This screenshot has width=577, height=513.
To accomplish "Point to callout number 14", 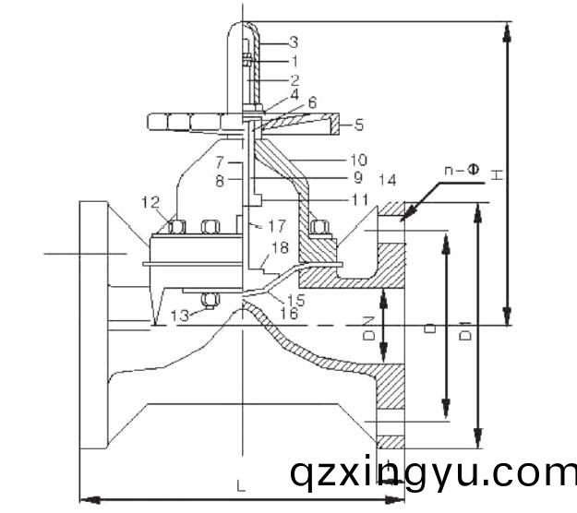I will (387, 178).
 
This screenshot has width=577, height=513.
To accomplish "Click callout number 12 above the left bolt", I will (150, 202).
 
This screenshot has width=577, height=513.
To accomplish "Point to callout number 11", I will (360, 198).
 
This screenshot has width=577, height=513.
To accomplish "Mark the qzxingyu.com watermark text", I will (432, 474).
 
